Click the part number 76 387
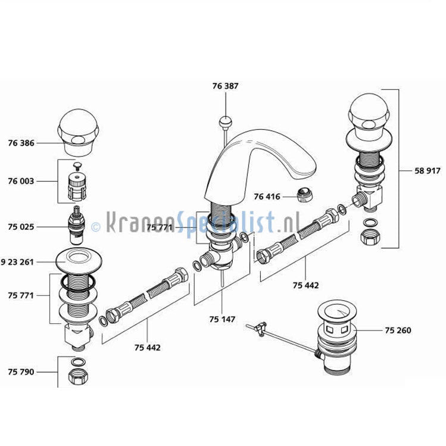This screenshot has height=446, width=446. (225, 86)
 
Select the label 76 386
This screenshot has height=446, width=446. (21, 143)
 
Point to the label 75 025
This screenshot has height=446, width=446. (21, 227)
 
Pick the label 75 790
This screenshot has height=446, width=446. (21, 372)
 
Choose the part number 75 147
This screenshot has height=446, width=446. (222, 319)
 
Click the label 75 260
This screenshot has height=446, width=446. (398, 330)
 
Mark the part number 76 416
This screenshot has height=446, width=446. (266, 197)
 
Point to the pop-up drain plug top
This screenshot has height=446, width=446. (336, 310)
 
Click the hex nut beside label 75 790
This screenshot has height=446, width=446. (77, 376)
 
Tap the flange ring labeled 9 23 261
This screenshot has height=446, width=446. (77, 260)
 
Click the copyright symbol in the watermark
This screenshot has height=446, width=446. (96, 226)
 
